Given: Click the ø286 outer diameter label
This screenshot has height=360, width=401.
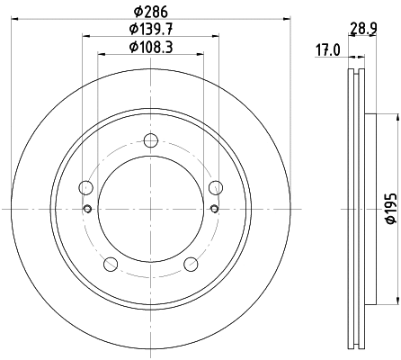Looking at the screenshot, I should click(x=149, y=12).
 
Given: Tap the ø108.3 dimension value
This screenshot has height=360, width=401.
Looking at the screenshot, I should click(x=149, y=47).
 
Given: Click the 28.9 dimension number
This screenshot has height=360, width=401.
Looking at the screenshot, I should click(x=363, y=29).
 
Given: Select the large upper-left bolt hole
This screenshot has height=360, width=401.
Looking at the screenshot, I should click(x=86, y=187).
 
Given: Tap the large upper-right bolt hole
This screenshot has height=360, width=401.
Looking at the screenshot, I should click(x=215, y=187).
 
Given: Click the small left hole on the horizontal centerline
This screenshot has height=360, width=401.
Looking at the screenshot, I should click(x=87, y=209).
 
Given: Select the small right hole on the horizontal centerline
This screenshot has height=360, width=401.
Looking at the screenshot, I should click(x=214, y=209).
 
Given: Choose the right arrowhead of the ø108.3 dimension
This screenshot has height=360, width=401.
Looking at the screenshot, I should click(x=200, y=54).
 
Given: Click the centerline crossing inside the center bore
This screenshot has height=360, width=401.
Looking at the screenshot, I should click(x=150, y=209).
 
